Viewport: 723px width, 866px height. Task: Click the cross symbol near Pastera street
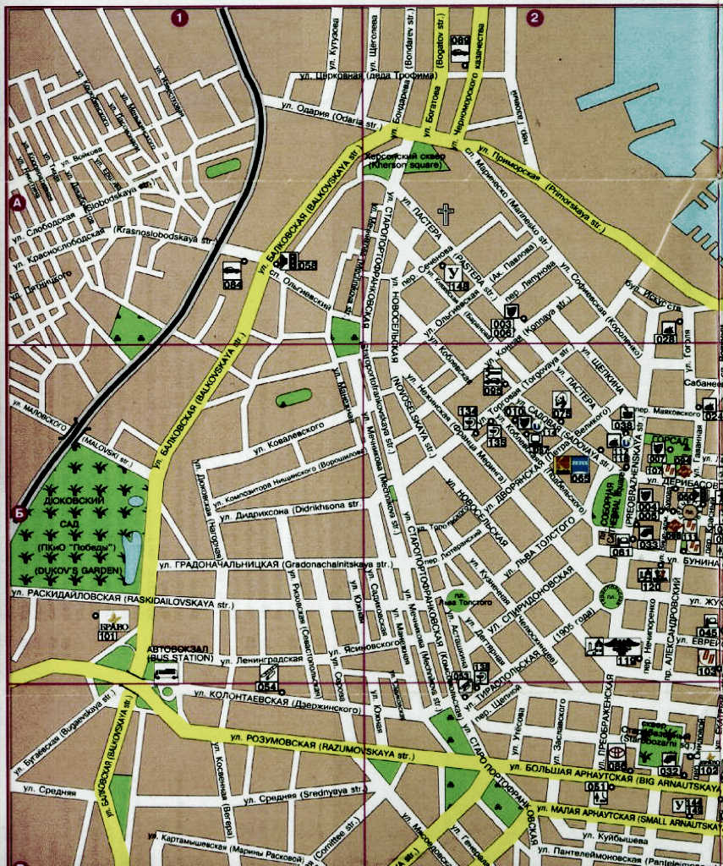tap(446, 214)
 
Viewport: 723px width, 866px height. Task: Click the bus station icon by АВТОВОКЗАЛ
tap(166, 673)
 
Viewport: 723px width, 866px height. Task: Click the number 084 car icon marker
tap(232, 275)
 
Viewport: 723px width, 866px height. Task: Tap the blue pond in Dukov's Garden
tap(133, 552)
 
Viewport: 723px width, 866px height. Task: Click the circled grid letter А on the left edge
tap(15, 202)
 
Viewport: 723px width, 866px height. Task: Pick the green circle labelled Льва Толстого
tap(457, 600)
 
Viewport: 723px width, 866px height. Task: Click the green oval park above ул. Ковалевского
tap(293, 397)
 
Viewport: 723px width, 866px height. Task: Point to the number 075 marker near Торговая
tap(561, 405)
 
